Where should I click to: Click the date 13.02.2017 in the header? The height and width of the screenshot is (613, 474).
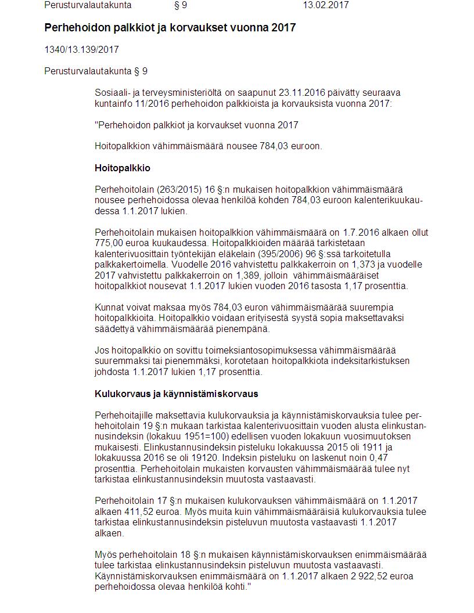pyautogui.click(x=325, y=5)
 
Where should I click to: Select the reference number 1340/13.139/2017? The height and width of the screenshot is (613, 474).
pyautogui.click(x=81, y=50)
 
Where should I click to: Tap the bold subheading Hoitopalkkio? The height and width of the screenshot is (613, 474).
pyautogui.click(x=123, y=168)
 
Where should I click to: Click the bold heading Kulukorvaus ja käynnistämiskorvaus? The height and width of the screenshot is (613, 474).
pyautogui.click(x=176, y=394)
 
